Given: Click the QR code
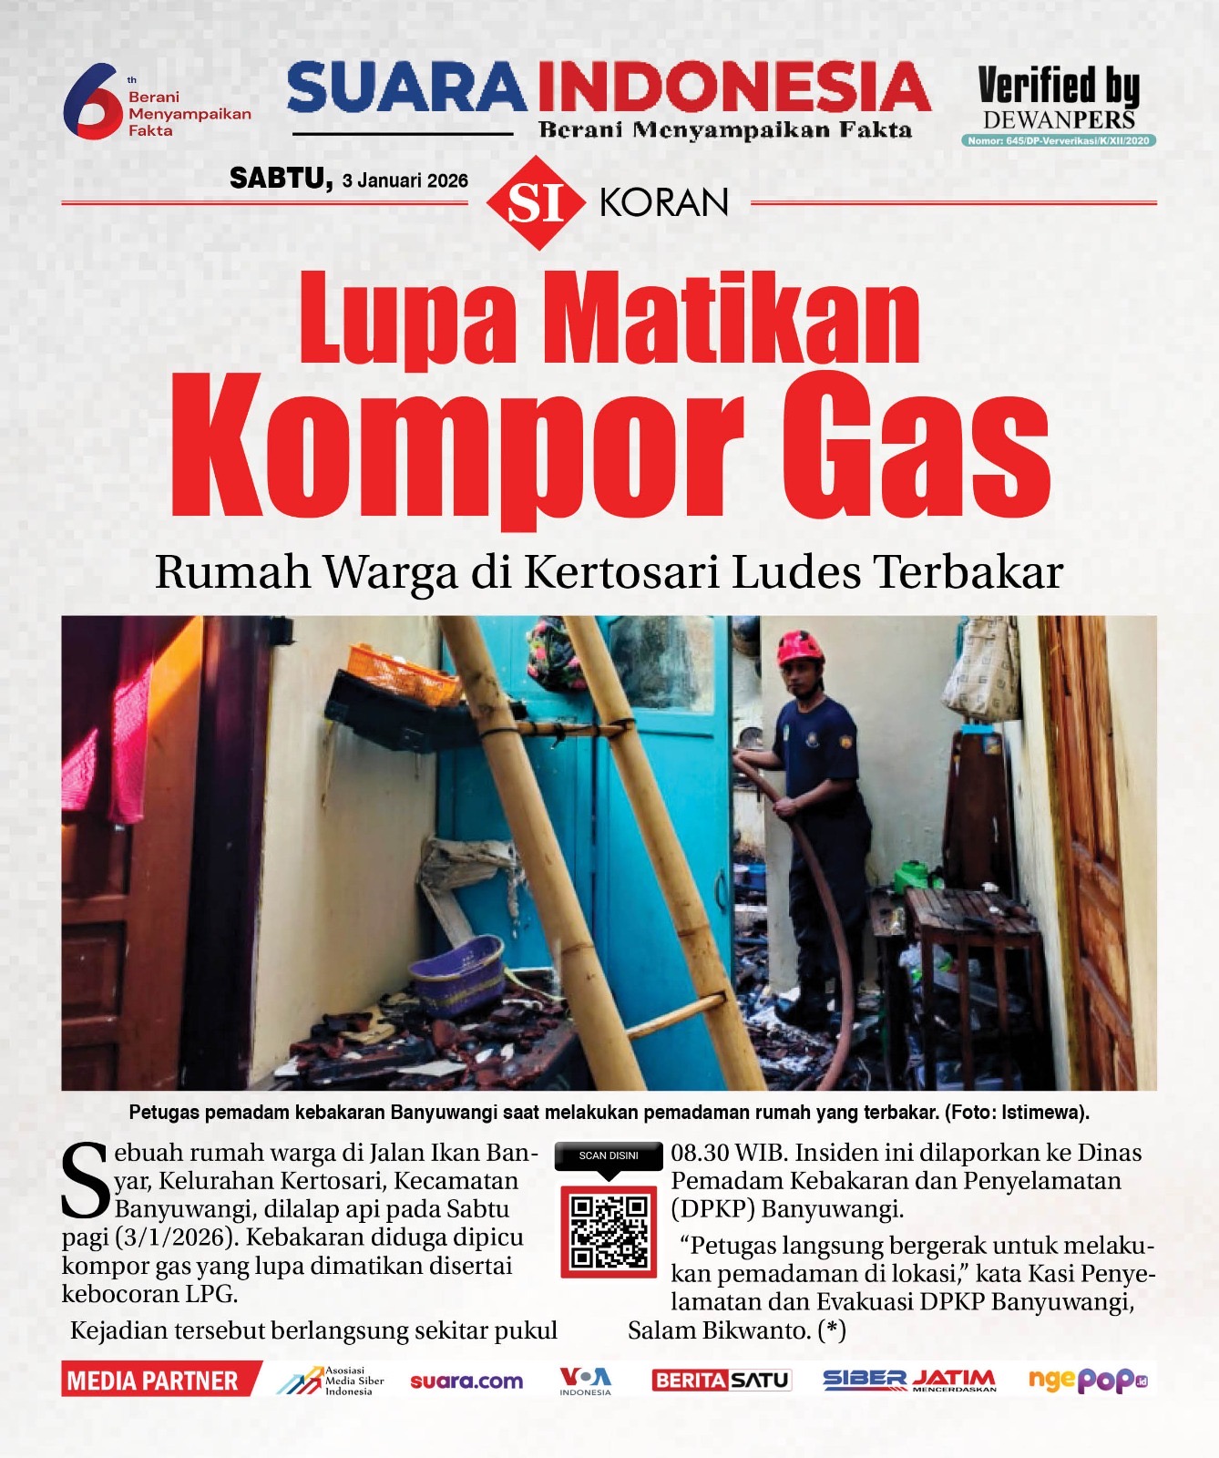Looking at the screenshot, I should coord(609,1232).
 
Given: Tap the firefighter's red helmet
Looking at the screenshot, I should coord(800,648).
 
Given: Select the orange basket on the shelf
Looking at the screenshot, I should coord(404,673).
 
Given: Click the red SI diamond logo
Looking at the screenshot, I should coord(535,202).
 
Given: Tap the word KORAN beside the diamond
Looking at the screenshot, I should coord(664,202).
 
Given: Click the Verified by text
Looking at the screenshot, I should coord(1058,86).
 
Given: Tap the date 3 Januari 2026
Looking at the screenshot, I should coord(405,180).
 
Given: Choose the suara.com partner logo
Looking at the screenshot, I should coord(466,1381).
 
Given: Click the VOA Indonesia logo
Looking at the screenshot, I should coord(585,1380).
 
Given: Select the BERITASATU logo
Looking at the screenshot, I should coord(721,1381).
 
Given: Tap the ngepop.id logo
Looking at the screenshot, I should coord(1088,1381).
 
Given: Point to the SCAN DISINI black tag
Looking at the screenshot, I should coord(609,1155).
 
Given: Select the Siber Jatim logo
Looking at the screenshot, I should coord(909,1381).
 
